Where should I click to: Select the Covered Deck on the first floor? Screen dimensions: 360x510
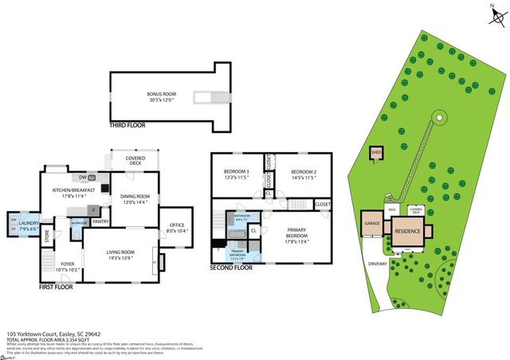(135, 162)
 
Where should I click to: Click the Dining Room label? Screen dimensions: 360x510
(135, 199)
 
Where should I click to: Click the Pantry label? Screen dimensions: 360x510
(100, 221)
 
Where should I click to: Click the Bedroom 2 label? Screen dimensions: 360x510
(304, 175)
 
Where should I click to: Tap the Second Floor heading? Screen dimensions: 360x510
(232, 268)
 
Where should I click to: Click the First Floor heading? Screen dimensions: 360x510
(57, 287)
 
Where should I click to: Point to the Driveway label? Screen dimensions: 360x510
(378, 264)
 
